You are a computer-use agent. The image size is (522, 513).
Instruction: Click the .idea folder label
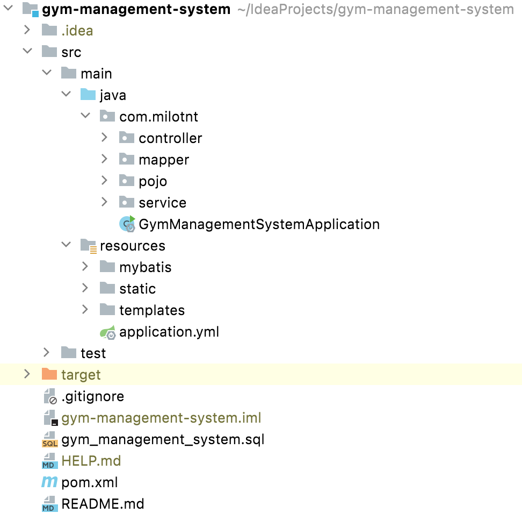[77, 31]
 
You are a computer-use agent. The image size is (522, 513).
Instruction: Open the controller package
[170, 138]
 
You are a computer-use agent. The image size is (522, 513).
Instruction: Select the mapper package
[163, 160]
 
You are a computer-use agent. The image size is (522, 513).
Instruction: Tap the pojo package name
[153, 181]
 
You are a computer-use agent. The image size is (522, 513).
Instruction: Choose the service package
[162, 203]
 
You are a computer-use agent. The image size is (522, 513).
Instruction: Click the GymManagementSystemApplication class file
[259, 224]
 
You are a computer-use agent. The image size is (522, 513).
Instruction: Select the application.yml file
[169, 332]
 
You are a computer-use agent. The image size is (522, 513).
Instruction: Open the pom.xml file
[89, 482]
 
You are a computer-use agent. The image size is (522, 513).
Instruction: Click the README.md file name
[103, 504]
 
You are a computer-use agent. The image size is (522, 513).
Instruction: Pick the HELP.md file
[91, 461]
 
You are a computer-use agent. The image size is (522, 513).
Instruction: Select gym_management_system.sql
[163, 439]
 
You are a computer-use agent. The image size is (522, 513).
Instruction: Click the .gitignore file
[92, 396]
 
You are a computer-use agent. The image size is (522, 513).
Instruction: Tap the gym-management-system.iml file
[161, 418]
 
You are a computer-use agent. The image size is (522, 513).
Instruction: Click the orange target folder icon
[49, 374]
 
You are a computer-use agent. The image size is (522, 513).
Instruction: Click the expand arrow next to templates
[85, 310]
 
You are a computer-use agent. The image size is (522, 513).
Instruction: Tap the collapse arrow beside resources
[66, 245]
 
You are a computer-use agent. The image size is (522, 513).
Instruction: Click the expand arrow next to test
[47, 353]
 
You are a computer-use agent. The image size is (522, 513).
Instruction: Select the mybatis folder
[145, 267]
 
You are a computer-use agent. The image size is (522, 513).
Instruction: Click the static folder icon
[107, 288]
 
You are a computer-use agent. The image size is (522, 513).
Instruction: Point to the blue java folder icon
[88, 95]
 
